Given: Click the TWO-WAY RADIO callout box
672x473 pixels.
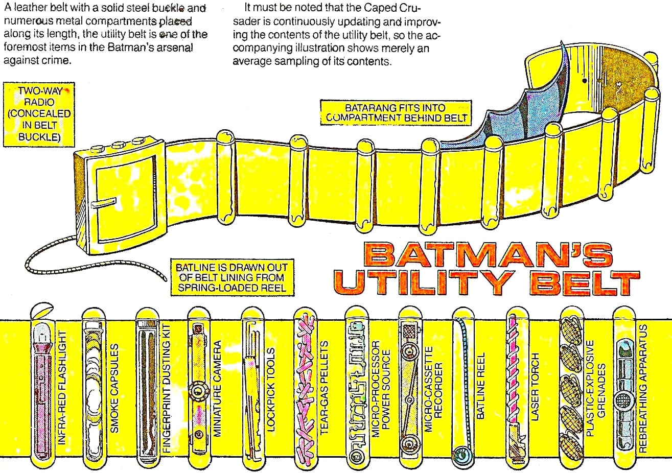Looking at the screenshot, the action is (39, 114).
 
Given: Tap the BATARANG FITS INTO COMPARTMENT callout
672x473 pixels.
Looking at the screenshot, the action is (396, 113).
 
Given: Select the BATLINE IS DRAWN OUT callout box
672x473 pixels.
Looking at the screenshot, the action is (232, 277).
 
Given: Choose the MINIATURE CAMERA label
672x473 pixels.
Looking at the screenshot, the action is (217, 388).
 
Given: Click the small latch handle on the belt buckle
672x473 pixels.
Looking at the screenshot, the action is (104, 203).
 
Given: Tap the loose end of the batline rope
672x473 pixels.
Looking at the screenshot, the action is (165, 279).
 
